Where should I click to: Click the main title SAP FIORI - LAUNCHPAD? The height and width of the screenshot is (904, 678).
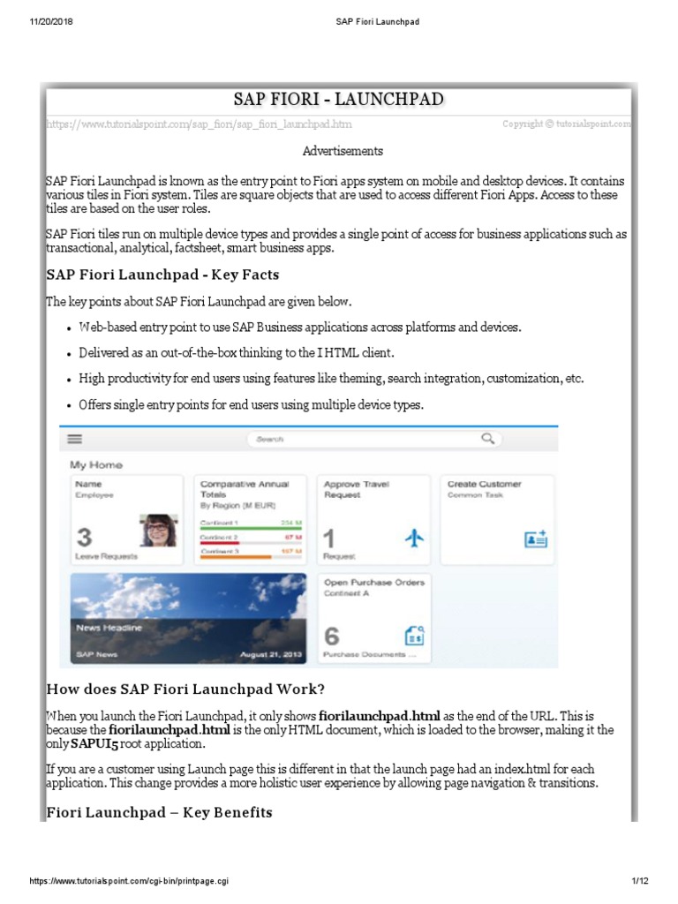point(338,99)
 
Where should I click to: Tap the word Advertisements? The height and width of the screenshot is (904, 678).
point(343,151)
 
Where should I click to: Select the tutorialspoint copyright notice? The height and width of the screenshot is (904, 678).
point(567,124)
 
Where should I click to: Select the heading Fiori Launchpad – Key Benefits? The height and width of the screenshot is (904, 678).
point(159,811)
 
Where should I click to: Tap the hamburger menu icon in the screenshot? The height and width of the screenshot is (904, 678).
point(75,439)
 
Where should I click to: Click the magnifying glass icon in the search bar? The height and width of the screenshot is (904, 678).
point(487,438)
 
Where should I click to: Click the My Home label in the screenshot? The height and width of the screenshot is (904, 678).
point(96,464)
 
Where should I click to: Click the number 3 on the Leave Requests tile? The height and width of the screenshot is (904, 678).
point(84,538)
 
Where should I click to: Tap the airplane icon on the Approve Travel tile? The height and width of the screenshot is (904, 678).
point(414,539)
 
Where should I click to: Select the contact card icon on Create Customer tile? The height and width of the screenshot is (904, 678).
point(536,539)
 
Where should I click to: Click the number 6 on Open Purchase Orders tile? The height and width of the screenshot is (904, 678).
point(332,636)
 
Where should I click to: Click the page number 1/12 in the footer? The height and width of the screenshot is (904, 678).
point(640,882)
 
